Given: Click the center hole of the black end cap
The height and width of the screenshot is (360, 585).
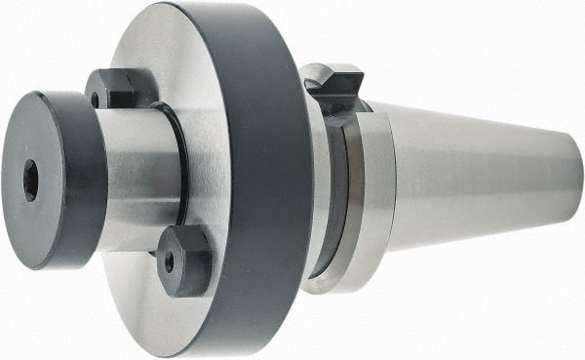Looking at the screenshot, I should tap(30, 180).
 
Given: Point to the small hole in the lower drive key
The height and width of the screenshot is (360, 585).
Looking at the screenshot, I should tap(169, 262).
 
